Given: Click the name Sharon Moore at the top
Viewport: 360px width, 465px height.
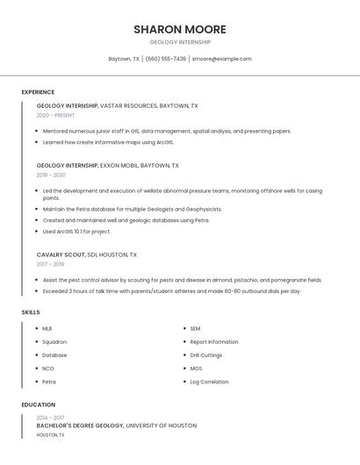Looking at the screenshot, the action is coord(180,29).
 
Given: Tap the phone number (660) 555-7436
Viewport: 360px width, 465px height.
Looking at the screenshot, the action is coord(166,59).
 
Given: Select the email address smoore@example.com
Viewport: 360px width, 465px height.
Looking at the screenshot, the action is coord(222,59).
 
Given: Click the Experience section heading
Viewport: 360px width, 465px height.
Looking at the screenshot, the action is coord(38,92).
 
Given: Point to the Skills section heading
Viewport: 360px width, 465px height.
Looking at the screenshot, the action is coord(31,312).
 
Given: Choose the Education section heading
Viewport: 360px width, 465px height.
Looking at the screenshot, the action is coord(38,404).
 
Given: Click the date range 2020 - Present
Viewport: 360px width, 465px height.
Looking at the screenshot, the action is coord(55,116).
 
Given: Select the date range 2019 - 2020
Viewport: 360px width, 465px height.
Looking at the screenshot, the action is coord(51,175).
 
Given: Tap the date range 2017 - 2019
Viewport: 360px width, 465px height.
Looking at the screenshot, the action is coord(50,264).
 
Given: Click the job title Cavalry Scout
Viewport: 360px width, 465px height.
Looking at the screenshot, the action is coord(61,254).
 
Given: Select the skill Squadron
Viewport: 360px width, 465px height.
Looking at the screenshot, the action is coord(54,342).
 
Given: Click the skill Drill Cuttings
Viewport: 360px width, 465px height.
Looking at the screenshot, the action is coord(206,355).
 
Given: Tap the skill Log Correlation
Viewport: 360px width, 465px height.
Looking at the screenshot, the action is coord(210,382).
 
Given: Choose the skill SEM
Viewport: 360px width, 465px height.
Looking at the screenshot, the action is coord(196,329).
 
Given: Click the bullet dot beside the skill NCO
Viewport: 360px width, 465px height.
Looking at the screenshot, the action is coord(34,368).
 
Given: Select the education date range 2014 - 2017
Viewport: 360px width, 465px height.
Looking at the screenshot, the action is coord(50,418).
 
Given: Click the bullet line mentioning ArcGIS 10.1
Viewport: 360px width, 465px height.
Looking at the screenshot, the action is coord(76,232).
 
